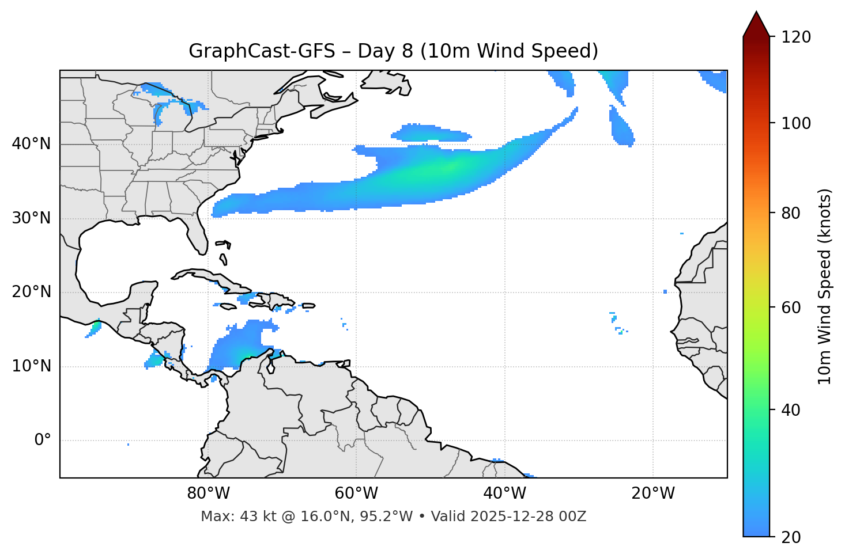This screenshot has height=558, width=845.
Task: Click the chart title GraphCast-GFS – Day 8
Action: click(393, 51)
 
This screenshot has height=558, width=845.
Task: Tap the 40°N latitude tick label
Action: click(31, 144)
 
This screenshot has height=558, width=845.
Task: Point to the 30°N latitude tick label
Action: click(31, 218)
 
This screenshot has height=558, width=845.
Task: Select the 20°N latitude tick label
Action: click(31, 292)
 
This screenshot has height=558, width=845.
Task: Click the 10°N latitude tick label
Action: click(31, 366)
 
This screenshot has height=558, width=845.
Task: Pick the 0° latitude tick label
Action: click(43, 441)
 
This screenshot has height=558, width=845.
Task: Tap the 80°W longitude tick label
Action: click(208, 494)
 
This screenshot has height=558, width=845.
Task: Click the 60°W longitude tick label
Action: click(356, 494)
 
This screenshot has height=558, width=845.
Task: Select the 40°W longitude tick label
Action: click(504, 494)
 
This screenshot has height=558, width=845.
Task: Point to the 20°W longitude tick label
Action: click(653, 494)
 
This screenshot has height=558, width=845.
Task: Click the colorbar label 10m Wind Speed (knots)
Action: click(825, 287)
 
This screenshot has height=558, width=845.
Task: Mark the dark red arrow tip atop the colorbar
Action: click(756, 17)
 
